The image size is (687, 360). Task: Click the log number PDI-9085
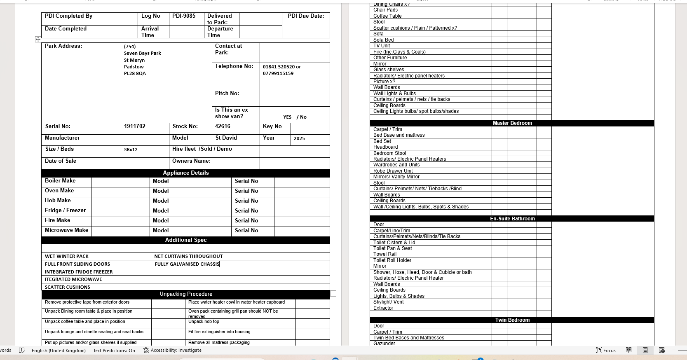184,16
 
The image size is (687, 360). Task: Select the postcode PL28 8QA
135,74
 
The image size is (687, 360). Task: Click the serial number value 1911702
135,126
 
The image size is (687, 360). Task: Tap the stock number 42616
223,126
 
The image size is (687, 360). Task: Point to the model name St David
226,138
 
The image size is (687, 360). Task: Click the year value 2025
299,138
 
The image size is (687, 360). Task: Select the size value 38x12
131,150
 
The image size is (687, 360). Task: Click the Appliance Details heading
185,173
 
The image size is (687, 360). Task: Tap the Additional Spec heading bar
185,240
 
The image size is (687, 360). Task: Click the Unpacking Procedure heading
186,294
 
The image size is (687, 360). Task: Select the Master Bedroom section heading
512,123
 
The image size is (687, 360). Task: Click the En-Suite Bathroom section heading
512,219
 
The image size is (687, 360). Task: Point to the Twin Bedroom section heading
512,320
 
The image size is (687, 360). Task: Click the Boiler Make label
60,181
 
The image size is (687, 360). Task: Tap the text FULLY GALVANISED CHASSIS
187,264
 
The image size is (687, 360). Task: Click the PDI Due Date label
306,16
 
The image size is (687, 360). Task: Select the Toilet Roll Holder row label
392,260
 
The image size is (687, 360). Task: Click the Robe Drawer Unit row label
393,171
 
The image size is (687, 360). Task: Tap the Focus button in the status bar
606,351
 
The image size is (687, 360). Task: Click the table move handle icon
38,39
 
